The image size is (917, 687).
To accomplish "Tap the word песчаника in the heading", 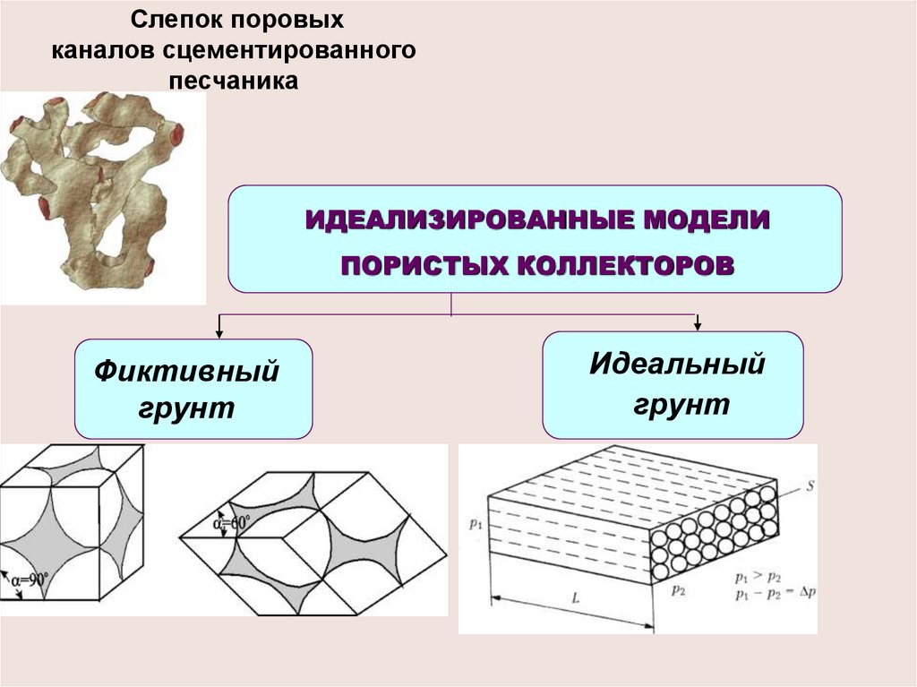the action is [234, 81].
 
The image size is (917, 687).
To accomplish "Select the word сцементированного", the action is [288, 50].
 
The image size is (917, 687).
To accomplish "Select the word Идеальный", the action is [677, 364].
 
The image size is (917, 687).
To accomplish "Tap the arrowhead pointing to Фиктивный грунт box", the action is [219, 333].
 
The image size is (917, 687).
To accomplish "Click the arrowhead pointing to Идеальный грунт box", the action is [697, 326].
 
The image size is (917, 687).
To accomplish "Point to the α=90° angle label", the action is [30, 580].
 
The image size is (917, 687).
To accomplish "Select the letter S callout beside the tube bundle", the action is [810, 485].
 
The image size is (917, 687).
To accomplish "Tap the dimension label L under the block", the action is [576, 597].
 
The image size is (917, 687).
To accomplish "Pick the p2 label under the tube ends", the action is [678, 590].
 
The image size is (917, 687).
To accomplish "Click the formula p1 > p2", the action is [758, 578].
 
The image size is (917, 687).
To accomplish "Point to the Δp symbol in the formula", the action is [808, 592].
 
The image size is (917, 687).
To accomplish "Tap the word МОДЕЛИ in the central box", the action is [706, 220].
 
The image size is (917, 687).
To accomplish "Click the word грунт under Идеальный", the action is [681, 405].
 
